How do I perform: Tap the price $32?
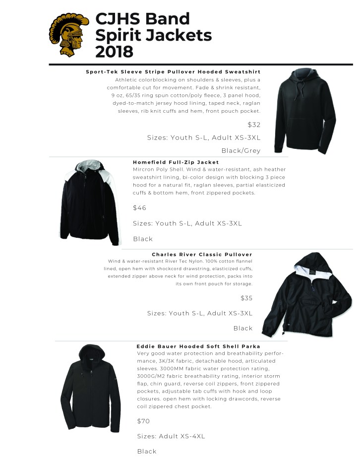pyautogui.click(x=254, y=125)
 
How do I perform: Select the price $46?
pyautogui.click(x=140, y=208)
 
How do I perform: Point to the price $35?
pyautogui.click(x=246, y=298)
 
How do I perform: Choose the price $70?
pyautogui.click(x=143, y=421)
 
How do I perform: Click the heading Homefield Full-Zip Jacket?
pyautogui.click(x=176, y=162)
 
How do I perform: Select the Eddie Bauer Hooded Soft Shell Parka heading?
pyautogui.click(x=198, y=346)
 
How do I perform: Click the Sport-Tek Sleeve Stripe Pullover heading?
pyautogui.click(x=173, y=72)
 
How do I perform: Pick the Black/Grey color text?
pyautogui.click(x=240, y=150)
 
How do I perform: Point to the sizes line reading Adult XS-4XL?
pyautogui.click(x=171, y=436)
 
